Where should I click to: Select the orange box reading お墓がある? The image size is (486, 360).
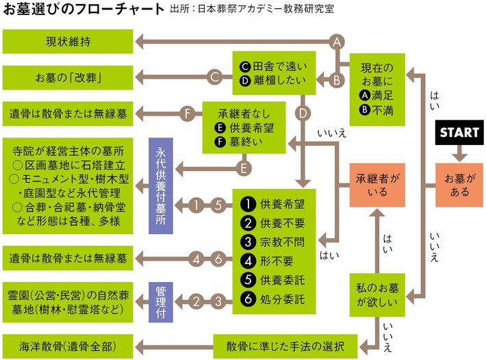tap(459, 185)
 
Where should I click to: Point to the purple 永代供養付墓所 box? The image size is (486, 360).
tap(159, 185)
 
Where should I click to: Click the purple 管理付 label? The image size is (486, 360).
tap(159, 300)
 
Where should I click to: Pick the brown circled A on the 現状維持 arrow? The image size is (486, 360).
tap(336, 42)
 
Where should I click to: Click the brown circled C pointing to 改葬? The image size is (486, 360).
tap(214, 78)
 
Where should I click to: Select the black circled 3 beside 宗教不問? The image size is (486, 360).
tap(247, 242)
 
